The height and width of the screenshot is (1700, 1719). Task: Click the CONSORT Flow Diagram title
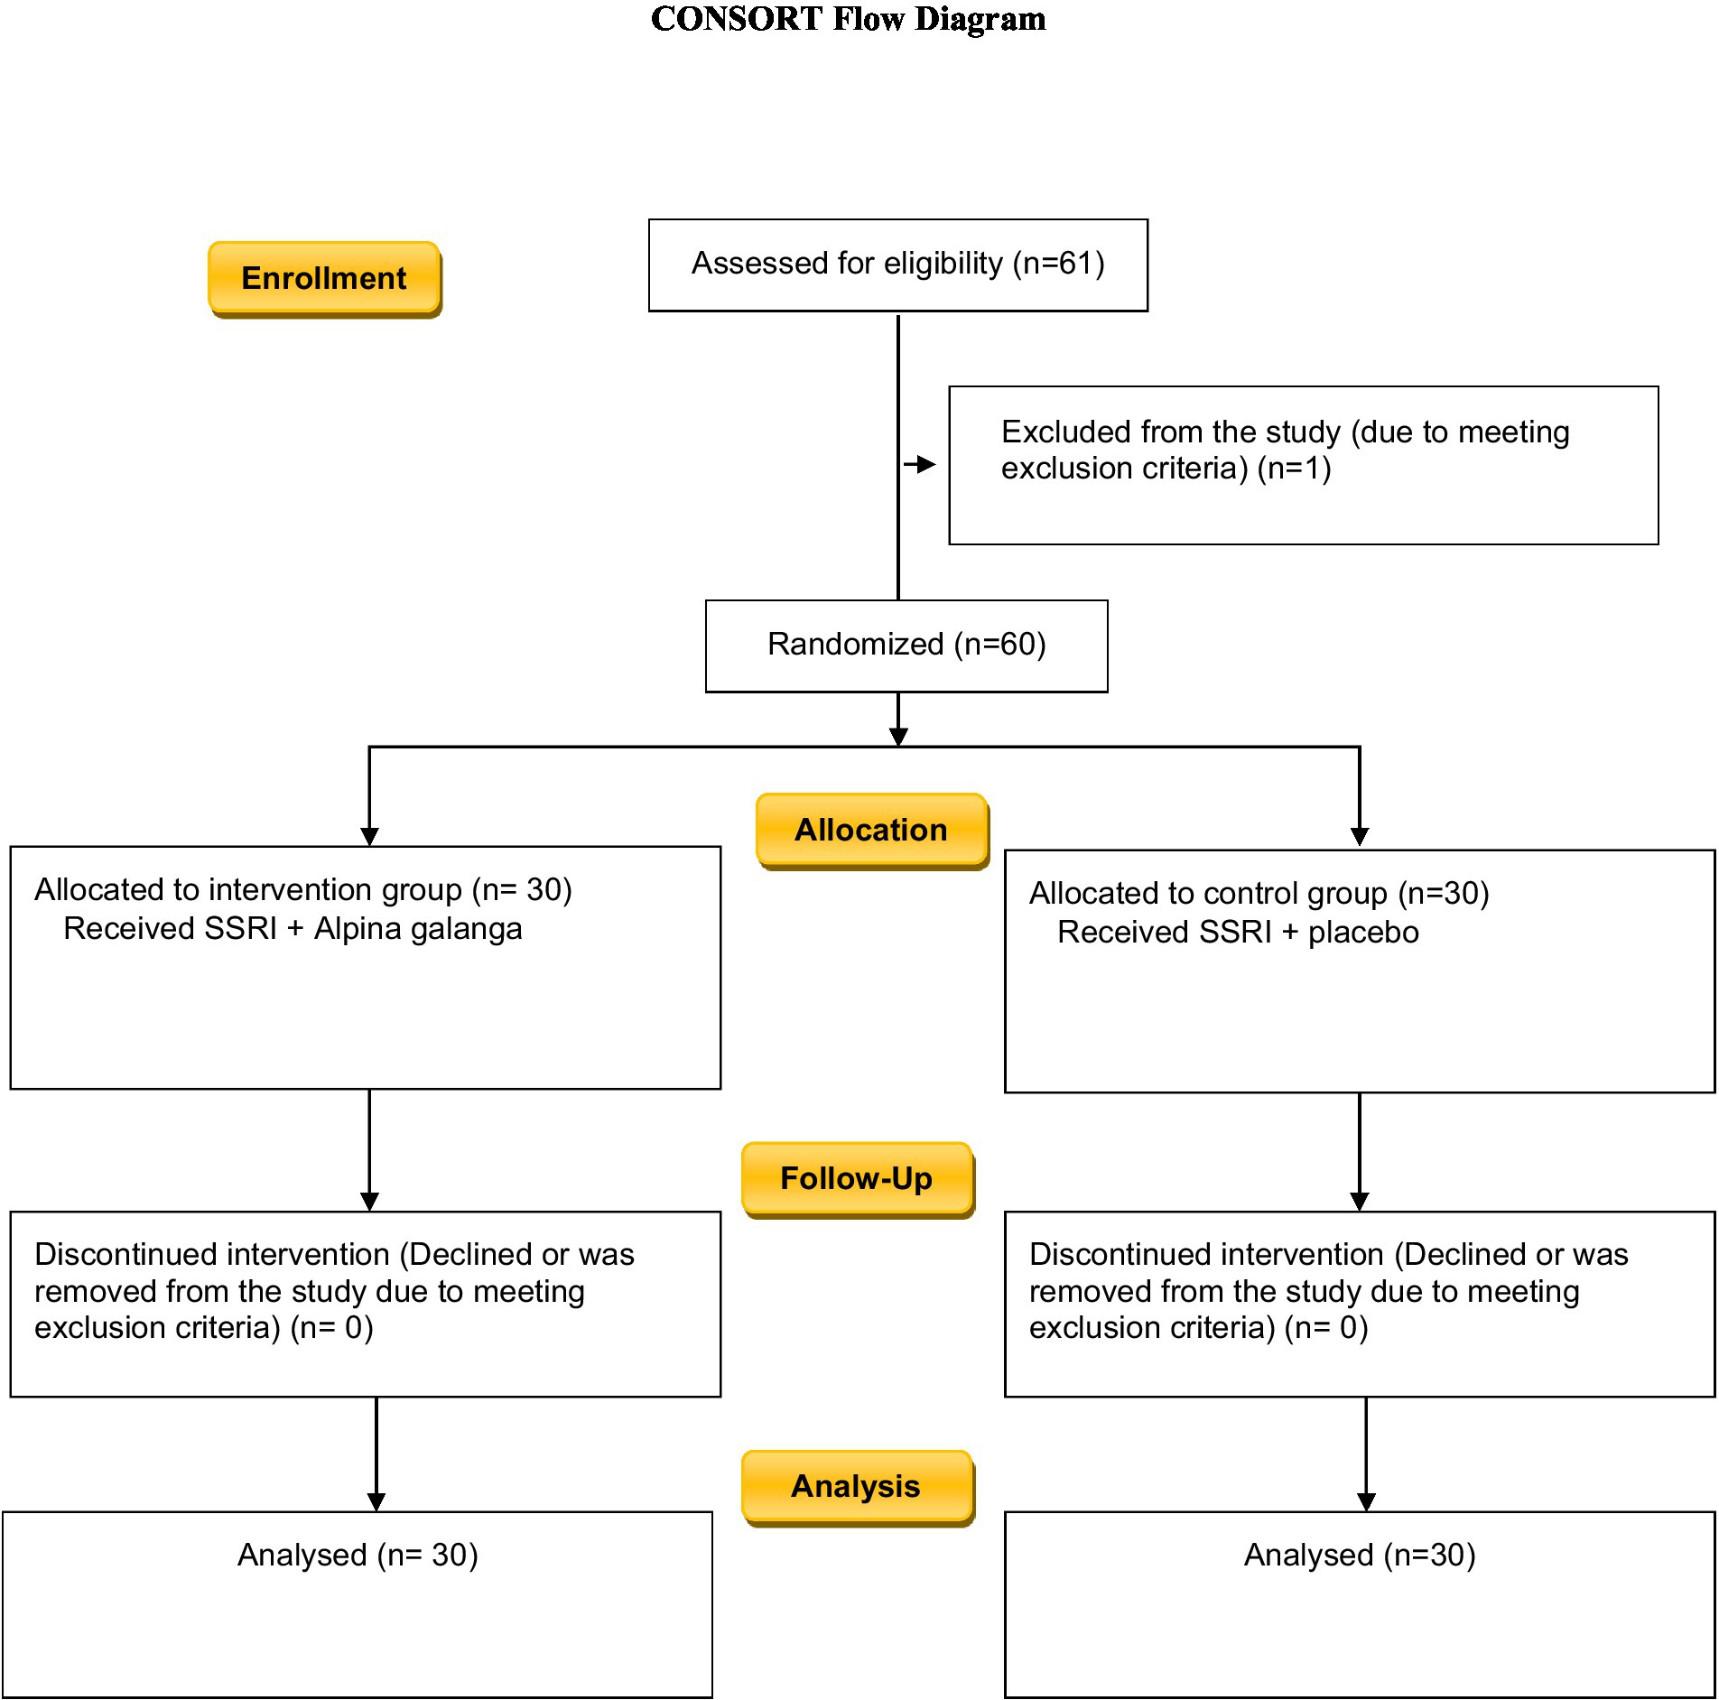[x=848, y=19]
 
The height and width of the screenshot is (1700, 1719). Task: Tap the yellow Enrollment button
[x=325, y=279]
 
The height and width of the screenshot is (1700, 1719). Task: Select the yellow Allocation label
[x=872, y=831]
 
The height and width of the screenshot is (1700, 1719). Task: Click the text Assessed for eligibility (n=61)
[x=898, y=264]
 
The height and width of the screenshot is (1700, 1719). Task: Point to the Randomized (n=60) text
[x=906, y=645]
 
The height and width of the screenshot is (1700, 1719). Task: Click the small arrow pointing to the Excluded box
[x=920, y=465]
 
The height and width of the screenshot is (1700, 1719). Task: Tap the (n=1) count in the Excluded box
[x=1294, y=469]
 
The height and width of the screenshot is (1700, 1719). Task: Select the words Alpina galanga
[x=418, y=929]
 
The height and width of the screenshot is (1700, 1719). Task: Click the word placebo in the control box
[x=1363, y=933]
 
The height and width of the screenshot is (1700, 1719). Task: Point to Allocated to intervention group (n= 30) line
[x=303, y=890]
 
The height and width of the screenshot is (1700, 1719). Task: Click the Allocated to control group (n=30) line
[x=1259, y=894]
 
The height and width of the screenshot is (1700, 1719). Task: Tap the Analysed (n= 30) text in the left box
[x=358, y=1556]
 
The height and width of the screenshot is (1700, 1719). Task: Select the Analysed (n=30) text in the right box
[x=1360, y=1556]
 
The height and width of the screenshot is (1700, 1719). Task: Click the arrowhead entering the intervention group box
[x=369, y=837]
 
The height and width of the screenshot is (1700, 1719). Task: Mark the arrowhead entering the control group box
[x=1360, y=837]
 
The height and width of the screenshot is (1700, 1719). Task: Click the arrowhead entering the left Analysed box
[x=376, y=1502]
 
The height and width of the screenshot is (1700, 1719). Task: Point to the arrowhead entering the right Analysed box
[x=1366, y=1502]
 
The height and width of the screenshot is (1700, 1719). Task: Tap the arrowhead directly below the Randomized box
[x=898, y=737]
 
